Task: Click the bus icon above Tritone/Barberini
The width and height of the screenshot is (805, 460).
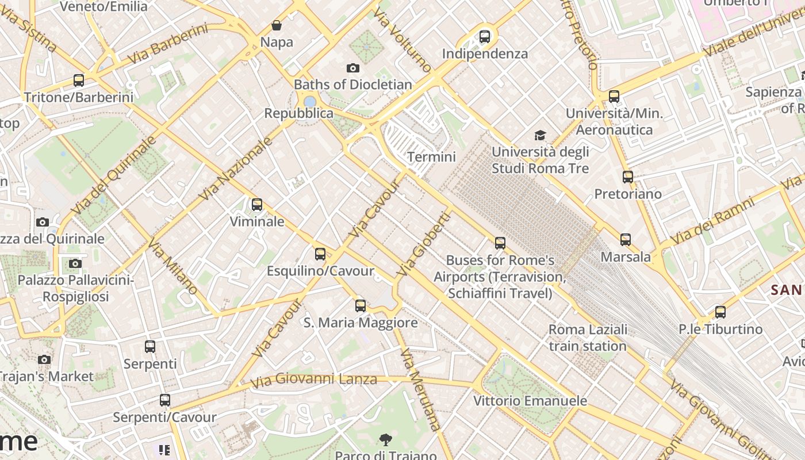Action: click(79, 80)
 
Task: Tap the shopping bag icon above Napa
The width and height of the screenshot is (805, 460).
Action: click(277, 25)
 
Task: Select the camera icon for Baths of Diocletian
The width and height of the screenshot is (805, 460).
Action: click(353, 68)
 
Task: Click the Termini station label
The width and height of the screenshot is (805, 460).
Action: click(431, 157)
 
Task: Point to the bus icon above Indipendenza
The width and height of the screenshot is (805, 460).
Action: click(485, 37)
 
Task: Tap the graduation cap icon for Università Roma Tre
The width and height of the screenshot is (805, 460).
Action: click(540, 135)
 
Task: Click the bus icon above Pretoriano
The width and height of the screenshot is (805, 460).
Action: click(628, 177)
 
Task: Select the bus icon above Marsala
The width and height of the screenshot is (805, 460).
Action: click(626, 240)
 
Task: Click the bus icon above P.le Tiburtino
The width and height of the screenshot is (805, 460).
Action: click(720, 312)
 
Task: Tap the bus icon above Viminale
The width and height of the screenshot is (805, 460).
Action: click(257, 205)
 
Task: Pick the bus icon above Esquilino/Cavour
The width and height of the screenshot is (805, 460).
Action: click(320, 254)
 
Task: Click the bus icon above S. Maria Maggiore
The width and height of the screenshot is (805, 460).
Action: click(361, 306)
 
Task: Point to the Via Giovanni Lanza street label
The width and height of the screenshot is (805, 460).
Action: click(314, 379)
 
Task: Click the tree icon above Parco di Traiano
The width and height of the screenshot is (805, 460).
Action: click(386, 440)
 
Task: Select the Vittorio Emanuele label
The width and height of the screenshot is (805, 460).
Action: click(530, 401)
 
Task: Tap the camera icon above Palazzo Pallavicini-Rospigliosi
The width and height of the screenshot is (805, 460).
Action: click(75, 263)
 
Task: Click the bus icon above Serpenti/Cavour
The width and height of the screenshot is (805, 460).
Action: click(165, 400)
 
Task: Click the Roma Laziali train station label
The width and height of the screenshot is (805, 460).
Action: click(588, 338)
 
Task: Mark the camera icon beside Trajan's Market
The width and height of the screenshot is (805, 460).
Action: click(44, 359)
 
